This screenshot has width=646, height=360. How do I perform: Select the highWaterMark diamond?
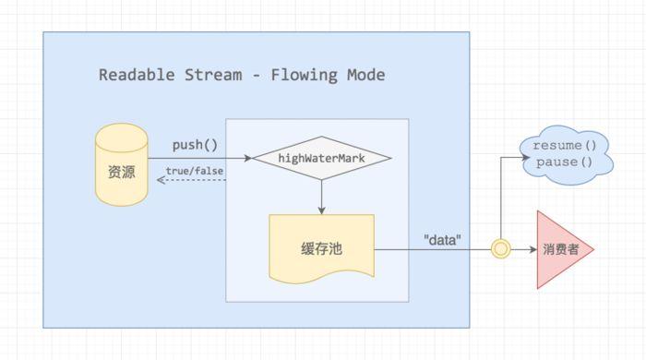pos(321,159)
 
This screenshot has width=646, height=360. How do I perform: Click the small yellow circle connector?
pos(500,249)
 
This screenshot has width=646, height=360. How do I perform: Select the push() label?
pos(195,145)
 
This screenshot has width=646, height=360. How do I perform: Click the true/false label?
pos(195,171)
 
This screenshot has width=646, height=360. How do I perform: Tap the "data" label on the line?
pos(442,238)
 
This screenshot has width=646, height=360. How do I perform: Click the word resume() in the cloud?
pos(565,146)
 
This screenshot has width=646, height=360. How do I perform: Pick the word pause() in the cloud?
pos(565,162)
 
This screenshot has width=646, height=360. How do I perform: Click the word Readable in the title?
pos(135,75)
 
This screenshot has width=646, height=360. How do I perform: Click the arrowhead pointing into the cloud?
pos(523,157)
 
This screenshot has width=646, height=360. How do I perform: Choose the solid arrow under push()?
pos(198,158)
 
